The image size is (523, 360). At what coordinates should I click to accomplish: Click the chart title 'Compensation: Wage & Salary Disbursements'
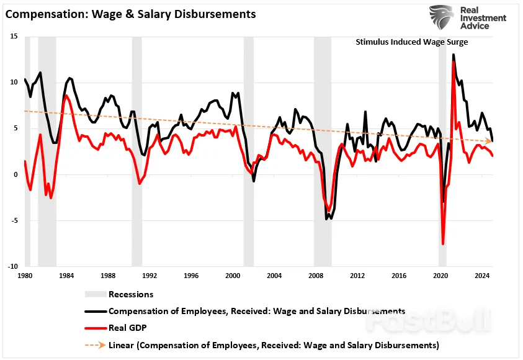[x=130, y=13]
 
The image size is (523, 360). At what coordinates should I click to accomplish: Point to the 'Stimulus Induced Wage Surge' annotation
[x=412, y=42]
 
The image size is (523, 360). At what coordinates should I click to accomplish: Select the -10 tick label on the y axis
[x=12, y=266]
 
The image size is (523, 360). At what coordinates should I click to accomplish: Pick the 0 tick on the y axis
[x=16, y=174]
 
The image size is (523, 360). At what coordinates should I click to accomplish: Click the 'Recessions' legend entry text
[x=131, y=294]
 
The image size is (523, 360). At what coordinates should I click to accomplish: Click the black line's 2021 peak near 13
[x=454, y=55]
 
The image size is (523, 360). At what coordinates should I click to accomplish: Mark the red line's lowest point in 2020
[x=443, y=244]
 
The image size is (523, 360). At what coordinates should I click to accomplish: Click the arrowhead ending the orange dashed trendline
[x=490, y=142]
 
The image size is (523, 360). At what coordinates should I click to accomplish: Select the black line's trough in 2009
[x=327, y=218]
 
